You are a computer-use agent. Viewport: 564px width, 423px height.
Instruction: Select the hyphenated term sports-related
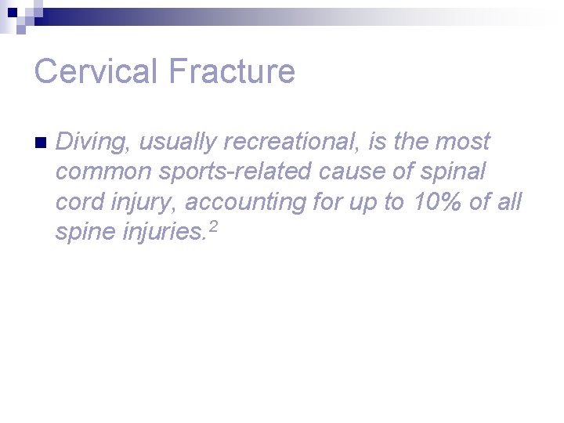237,172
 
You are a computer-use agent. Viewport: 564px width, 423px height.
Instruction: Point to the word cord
78,202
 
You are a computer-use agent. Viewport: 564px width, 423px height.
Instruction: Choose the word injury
143,202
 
